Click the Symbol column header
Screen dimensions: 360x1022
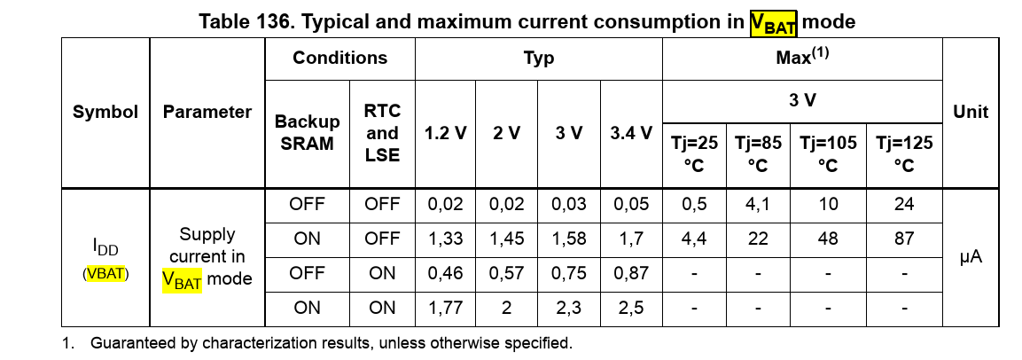click(x=105, y=113)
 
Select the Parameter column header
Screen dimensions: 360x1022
click(x=207, y=113)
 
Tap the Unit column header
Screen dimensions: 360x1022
click(x=970, y=113)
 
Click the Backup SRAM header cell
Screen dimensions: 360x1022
click(x=307, y=133)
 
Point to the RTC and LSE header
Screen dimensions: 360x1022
click(x=382, y=133)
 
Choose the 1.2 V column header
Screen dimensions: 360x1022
click(x=445, y=133)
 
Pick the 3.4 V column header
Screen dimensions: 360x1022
click(x=631, y=133)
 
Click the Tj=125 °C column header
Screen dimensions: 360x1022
click(x=903, y=153)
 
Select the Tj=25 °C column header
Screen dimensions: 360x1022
click(x=694, y=153)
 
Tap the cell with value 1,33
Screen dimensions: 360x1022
click(x=445, y=239)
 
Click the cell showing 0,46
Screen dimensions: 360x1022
click(x=445, y=273)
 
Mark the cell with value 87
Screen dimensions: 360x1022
click(x=903, y=239)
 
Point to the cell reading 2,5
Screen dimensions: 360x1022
click(x=631, y=308)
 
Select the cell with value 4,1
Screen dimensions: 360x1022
click(x=757, y=204)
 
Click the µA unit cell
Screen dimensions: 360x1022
click(x=970, y=257)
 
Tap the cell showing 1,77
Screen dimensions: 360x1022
click(x=445, y=308)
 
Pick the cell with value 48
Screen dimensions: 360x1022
click(x=827, y=239)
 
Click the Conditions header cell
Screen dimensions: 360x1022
click(x=339, y=59)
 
